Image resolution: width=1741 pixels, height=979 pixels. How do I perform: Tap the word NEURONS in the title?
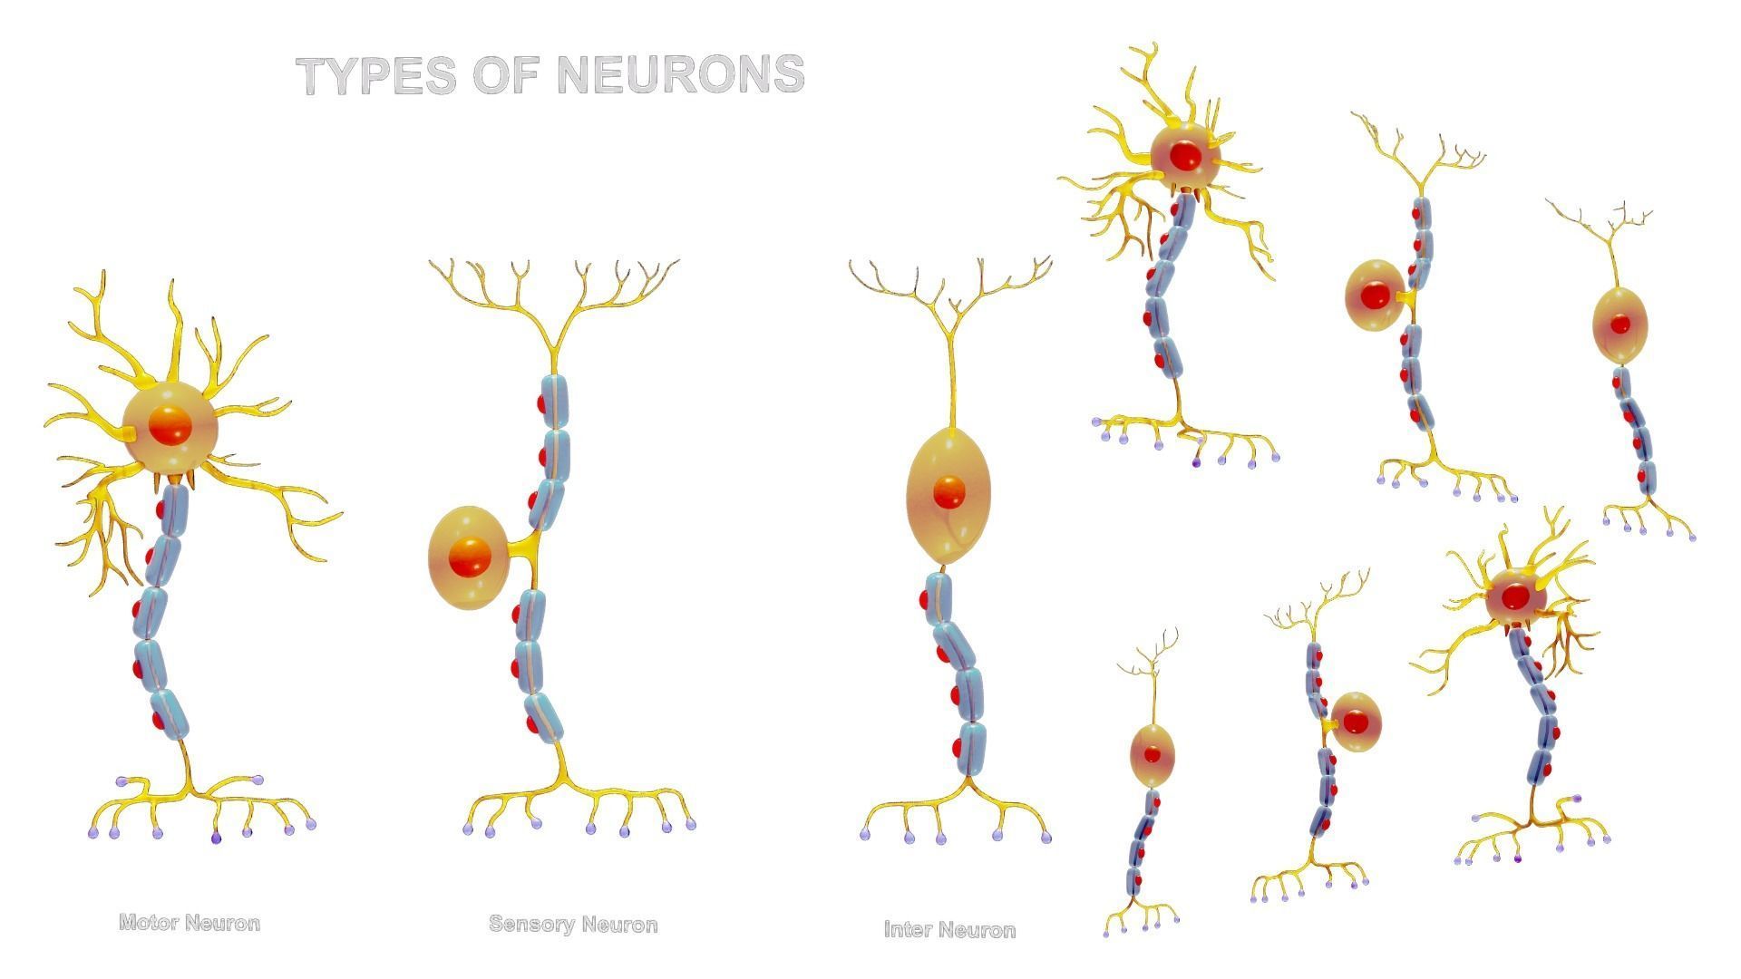pos(680,74)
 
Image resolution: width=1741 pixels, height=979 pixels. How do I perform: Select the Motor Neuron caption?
pos(190,923)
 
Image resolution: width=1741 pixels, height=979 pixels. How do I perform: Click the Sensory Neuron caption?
pos(573,925)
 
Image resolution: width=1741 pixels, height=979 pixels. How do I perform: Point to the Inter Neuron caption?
pos(949,930)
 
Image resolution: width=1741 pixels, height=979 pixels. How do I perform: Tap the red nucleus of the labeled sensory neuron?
pos(470,557)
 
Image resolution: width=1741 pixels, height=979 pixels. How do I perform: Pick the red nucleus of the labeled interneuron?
pos(948,492)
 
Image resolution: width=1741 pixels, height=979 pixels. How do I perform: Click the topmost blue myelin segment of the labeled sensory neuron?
pos(553,397)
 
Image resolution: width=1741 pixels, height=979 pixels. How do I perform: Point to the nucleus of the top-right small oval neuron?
pos(1620,324)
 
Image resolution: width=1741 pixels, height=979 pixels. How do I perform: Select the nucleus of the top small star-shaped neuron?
pos(1184,156)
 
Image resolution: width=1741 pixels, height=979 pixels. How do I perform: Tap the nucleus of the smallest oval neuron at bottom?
pos(1152,754)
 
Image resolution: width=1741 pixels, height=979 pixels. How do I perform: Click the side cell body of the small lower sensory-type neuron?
pos(1356,722)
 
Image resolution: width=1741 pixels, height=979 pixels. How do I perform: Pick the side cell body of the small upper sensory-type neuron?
pos(1374,296)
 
